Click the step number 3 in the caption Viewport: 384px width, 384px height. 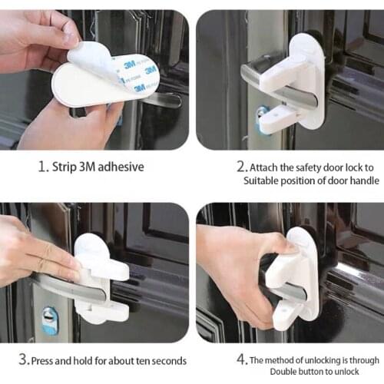[x=24, y=358]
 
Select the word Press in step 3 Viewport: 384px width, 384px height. [x=46, y=358]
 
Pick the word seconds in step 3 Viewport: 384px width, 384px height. [x=166, y=358]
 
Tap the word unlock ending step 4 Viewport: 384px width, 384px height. [x=341, y=372]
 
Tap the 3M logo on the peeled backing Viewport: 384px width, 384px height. [x=151, y=70]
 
